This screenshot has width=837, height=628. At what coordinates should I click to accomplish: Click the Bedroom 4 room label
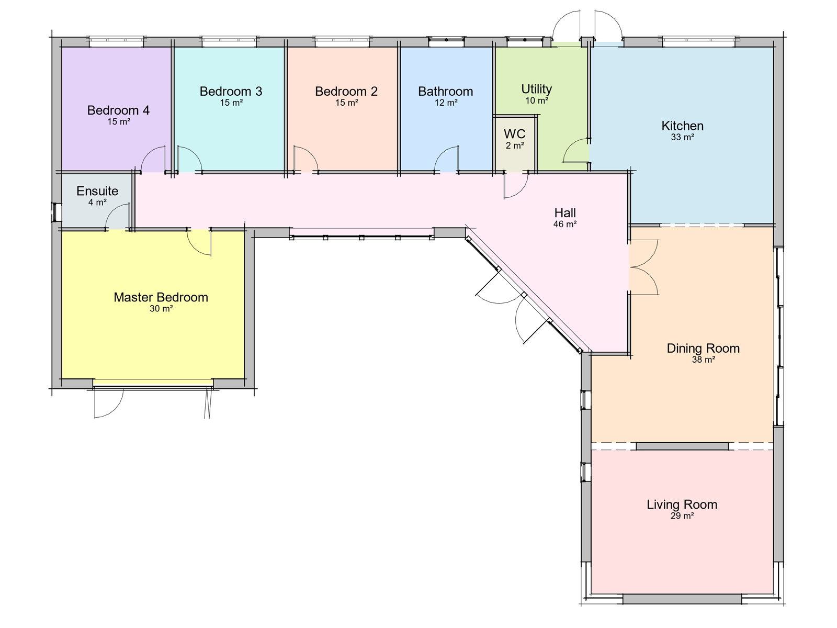coord(118,110)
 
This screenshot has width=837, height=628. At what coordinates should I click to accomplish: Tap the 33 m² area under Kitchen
coord(682,138)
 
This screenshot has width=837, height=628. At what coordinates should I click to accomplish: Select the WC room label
coord(514,134)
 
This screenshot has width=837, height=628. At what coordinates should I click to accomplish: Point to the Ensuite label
coord(97,191)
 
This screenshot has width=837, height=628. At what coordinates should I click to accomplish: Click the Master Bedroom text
coord(161,297)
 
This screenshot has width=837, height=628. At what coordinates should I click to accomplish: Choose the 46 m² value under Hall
coord(564,225)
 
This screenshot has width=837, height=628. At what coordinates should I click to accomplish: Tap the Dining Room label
coord(703,349)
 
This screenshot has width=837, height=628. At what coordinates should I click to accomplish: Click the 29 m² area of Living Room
coord(682,516)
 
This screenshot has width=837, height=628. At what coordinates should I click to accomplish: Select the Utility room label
coord(536,89)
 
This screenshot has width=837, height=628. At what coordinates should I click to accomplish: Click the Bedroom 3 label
coord(231,92)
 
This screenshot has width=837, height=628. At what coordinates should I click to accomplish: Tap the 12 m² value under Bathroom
coord(446,103)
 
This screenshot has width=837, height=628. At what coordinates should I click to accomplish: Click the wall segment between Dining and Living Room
coord(682,446)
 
